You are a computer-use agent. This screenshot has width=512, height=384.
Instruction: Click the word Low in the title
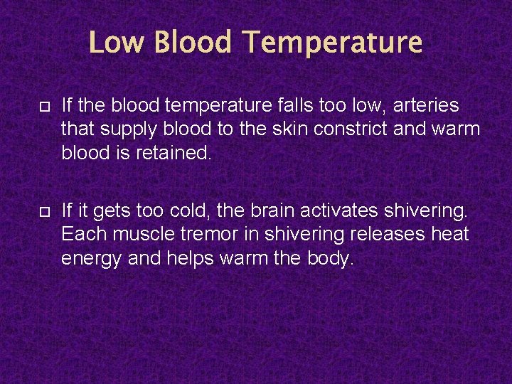pos(117,42)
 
